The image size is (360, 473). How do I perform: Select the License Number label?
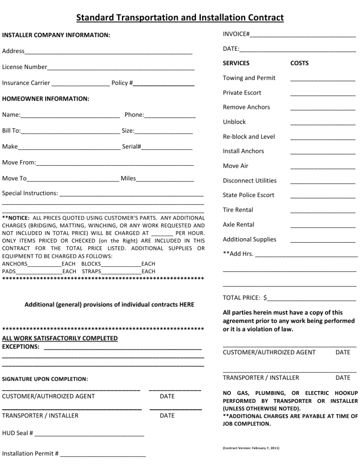[25, 67]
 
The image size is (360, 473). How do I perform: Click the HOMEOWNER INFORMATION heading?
[46, 99]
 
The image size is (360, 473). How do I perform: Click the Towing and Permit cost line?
[323, 80]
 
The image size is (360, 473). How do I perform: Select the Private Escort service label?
[242, 93]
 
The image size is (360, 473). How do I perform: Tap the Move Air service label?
[235, 166]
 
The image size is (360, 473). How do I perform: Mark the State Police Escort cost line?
[323, 197]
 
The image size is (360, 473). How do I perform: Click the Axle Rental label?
[238, 224]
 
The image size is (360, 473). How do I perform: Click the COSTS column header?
[299, 63]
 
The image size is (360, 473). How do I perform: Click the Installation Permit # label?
[30, 453]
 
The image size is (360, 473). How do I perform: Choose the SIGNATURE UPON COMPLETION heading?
[45, 379]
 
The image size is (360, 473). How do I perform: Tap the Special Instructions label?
[30, 193]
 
